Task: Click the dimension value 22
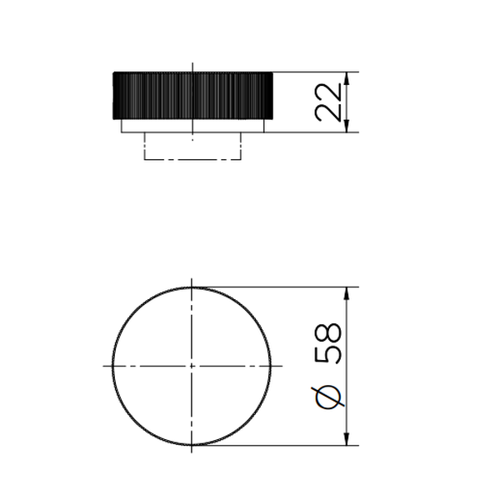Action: (x=327, y=102)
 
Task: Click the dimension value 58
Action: (x=327, y=343)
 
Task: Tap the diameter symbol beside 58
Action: (x=327, y=397)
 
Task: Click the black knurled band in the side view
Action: (x=192, y=96)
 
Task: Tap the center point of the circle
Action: (x=192, y=366)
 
